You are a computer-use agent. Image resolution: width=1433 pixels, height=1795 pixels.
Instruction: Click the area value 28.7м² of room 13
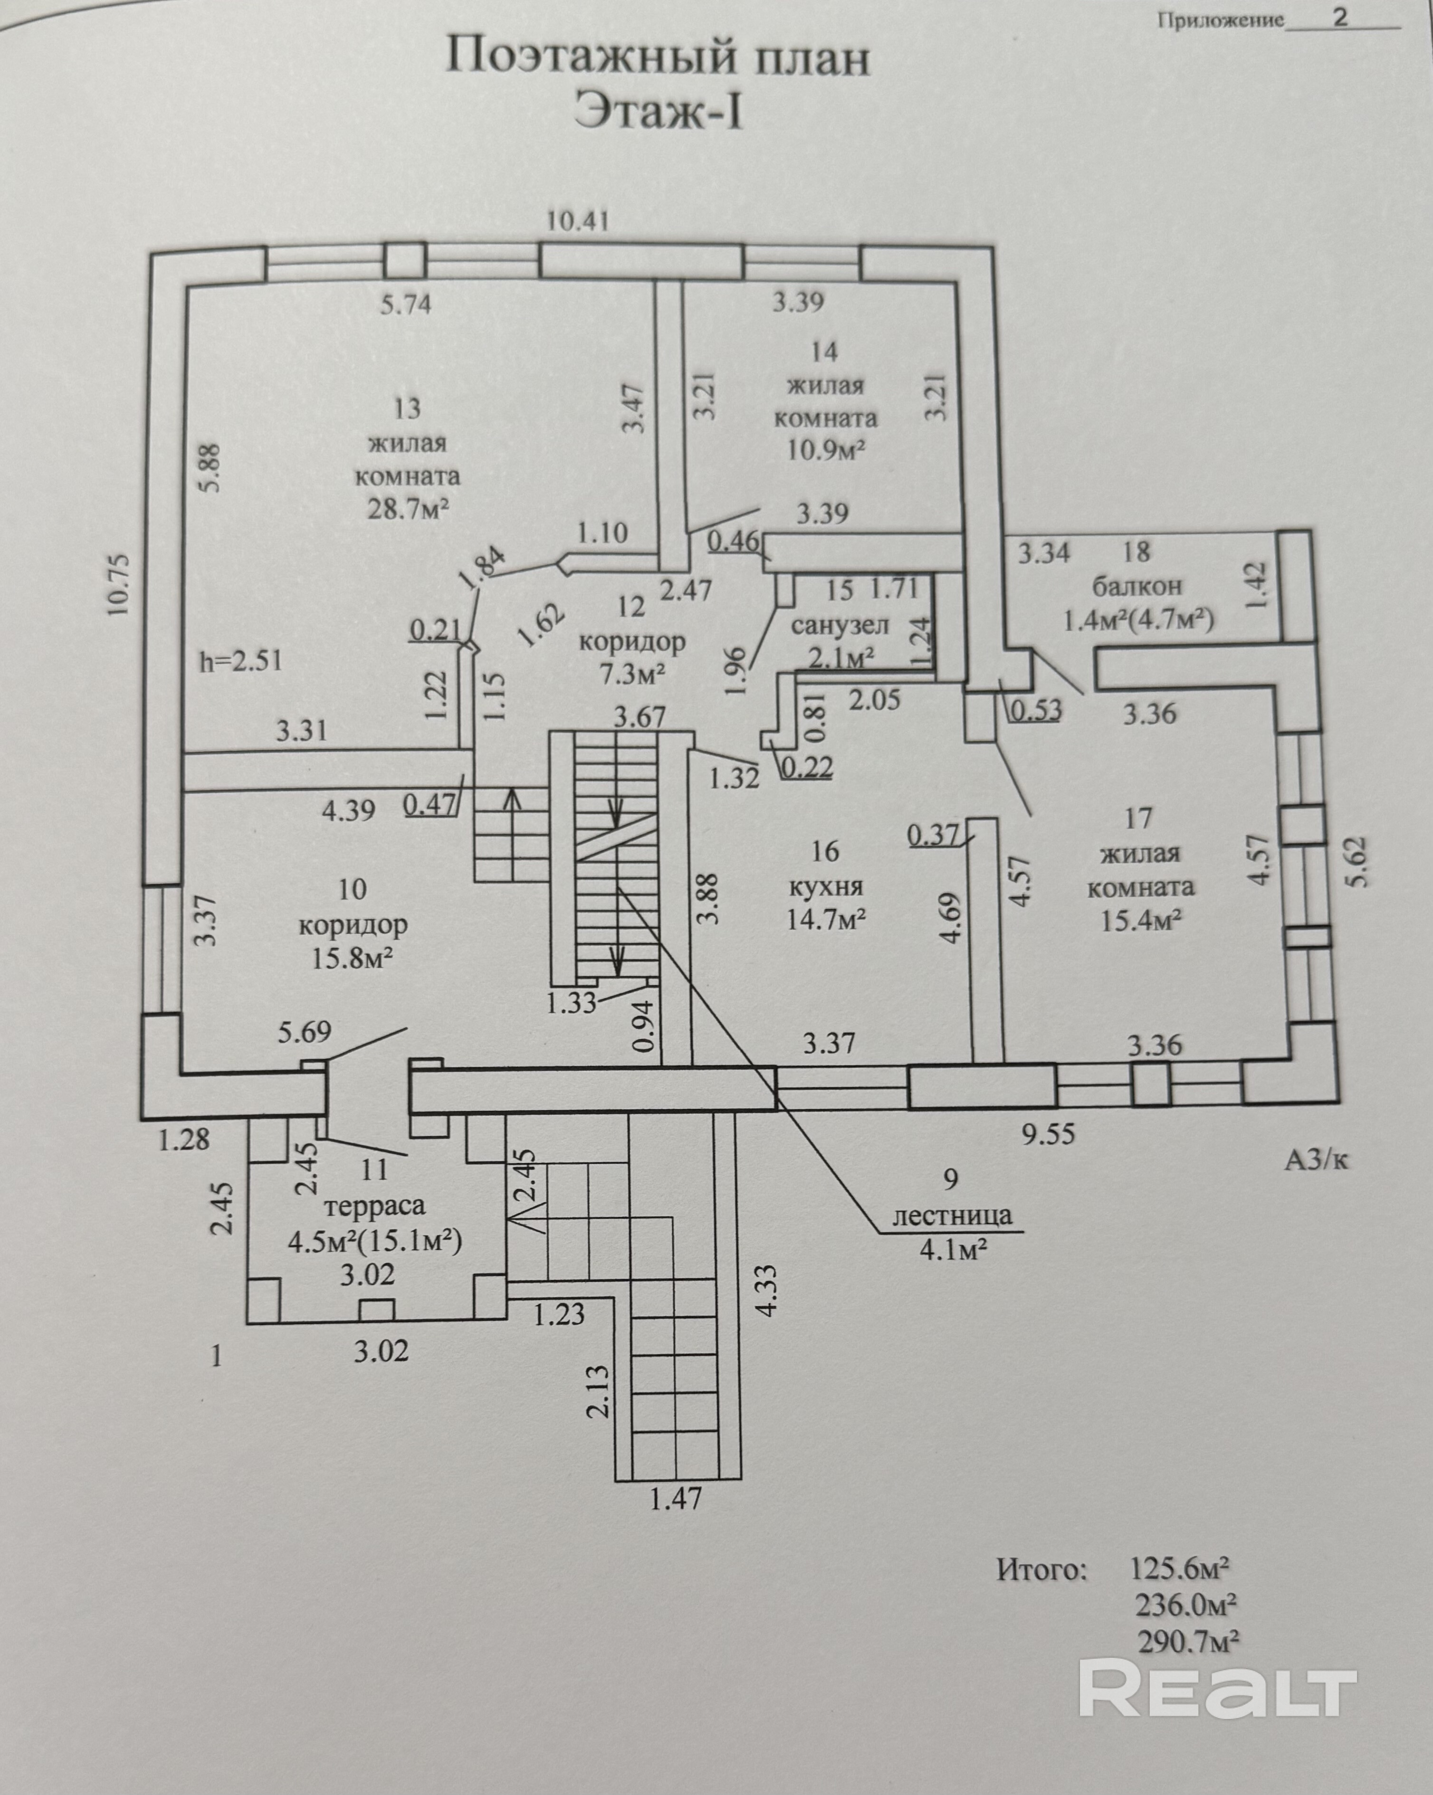pos(408,509)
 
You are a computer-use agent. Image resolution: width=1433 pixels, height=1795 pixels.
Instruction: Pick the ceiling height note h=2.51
pos(240,661)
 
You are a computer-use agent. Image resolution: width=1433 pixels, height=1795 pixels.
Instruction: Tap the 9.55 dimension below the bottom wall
pos(1048,1133)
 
